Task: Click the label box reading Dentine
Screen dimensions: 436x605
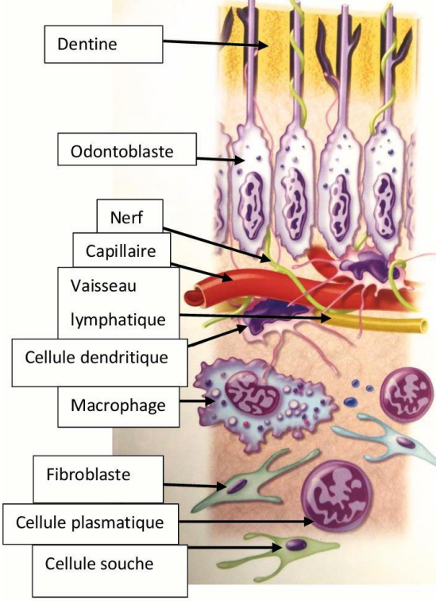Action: (x=103, y=44)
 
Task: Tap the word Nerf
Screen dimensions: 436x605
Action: (x=127, y=217)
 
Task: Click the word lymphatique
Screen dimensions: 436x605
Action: (x=118, y=320)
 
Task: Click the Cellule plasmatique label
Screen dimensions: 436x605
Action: (x=91, y=524)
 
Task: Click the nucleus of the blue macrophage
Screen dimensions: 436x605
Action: (x=252, y=393)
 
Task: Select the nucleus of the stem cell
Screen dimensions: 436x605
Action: (x=296, y=545)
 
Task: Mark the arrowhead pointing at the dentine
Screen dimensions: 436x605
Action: (x=264, y=45)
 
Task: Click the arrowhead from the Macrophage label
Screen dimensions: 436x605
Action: (x=210, y=401)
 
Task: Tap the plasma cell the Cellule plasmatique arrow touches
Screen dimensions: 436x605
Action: (x=336, y=495)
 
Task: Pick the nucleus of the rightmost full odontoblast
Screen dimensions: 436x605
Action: (x=384, y=207)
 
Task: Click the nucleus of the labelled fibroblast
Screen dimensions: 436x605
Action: (x=236, y=486)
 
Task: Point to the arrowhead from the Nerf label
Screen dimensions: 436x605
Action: (x=267, y=258)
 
